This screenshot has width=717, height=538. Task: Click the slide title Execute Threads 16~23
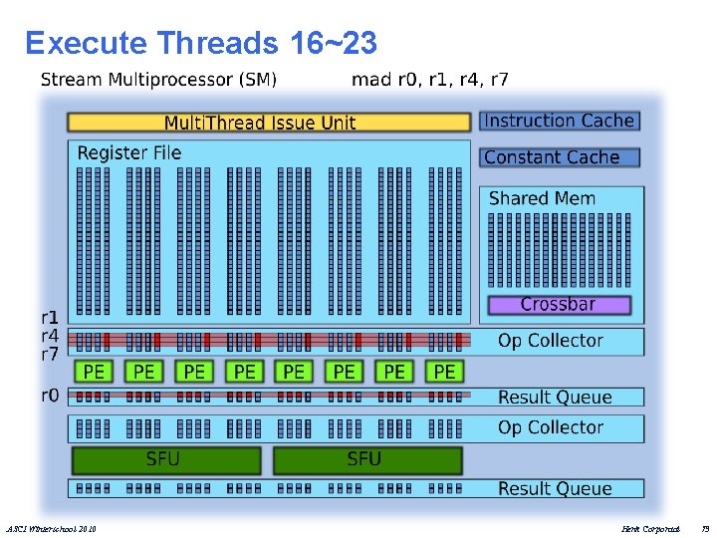[200, 43]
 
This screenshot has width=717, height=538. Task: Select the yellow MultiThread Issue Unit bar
[268, 123]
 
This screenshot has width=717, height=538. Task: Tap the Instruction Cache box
[560, 121]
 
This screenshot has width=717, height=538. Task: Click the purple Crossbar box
[558, 304]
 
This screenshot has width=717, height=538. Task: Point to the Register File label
[129, 152]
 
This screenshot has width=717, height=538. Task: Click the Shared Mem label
[542, 198]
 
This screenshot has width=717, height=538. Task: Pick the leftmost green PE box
[94, 372]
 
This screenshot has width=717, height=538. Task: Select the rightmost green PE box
[444, 372]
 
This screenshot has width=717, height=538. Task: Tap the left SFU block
[165, 459]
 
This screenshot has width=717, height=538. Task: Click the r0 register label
[50, 395]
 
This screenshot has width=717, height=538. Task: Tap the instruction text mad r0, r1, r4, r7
[429, 79]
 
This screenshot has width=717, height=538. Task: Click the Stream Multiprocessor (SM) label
[158, 79]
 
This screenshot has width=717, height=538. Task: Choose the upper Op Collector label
[550, 341]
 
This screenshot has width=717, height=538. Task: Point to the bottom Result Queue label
[555, 488]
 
